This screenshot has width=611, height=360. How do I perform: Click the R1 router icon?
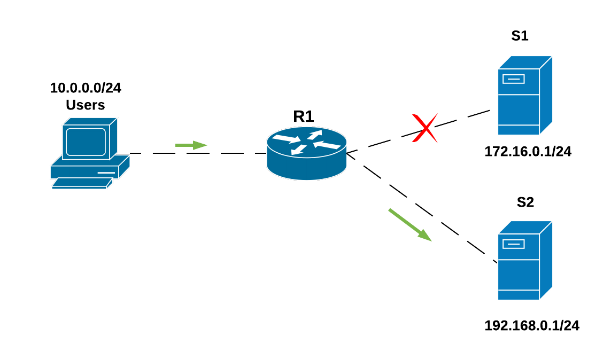coord(307,153)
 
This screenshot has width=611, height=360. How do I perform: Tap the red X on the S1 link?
coord(425,128)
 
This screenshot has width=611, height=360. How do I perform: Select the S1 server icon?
coord(525,96)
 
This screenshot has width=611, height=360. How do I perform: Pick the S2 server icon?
coord(525,260)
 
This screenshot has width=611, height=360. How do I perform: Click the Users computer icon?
coord(90,153)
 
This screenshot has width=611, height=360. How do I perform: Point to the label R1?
coord(304,116)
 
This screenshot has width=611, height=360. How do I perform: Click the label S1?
coord(520,36)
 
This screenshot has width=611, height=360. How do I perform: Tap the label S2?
coord(525,202)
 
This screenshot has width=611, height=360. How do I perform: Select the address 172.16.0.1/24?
coord(528,151)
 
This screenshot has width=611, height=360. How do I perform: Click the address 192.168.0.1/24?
coord(532,325)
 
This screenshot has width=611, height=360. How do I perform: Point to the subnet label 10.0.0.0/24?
coord(86,88)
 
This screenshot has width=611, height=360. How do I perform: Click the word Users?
coord(86,105)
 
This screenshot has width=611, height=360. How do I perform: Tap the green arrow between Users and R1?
coord(191,145)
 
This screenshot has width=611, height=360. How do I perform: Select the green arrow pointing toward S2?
coord(410,225)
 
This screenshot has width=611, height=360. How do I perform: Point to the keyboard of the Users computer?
coord(82,183)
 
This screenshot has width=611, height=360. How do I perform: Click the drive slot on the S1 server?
coord(514,79)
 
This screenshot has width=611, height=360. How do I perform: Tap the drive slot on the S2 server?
coord(514,244)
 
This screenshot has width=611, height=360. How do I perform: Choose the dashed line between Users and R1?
coord(198,153)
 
